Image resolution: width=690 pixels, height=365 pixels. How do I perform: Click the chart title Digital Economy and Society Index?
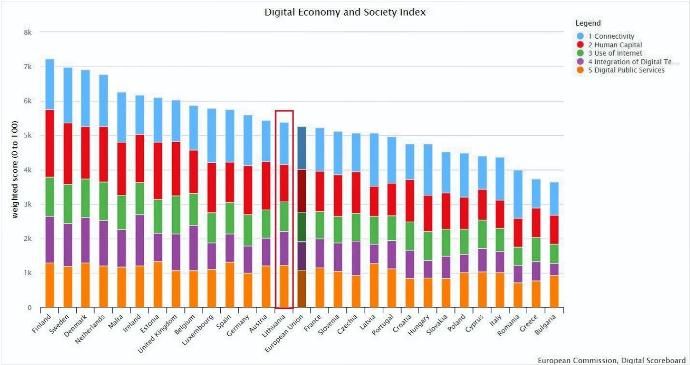345,12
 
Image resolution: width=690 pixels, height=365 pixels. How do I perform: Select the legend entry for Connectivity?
611,36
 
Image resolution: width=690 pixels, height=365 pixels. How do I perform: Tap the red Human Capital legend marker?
580,45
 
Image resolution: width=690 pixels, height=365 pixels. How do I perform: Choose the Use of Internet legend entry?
615,53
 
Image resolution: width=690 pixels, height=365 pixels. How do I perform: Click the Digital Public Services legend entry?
626,70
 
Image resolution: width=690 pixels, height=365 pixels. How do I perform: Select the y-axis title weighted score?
15,170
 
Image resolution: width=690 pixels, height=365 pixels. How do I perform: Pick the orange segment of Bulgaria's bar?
554,291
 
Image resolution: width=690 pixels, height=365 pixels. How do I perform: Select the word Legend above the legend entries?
588,23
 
